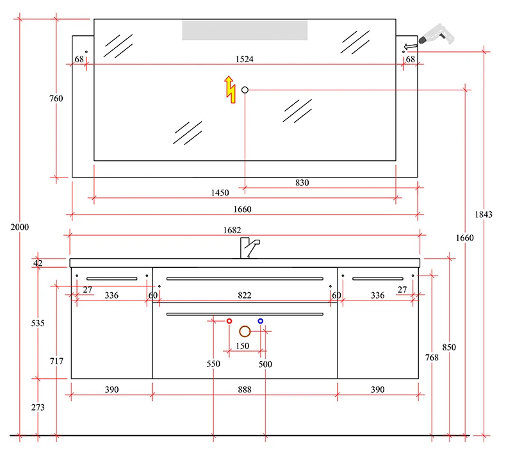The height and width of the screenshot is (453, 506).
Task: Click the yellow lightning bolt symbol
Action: [230, 90]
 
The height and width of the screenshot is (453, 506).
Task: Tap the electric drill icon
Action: [436, 35]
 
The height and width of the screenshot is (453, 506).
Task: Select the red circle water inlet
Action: [229, 321]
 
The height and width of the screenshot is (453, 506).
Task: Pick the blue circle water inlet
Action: [261, 321]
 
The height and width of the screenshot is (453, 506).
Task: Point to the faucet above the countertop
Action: [249, 248]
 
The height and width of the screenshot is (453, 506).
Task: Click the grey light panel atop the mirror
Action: [245, 30]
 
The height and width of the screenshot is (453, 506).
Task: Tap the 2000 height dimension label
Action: [20, 227]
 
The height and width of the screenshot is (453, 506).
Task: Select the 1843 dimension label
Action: [484, 215]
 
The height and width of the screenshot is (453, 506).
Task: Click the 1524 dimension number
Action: [244, 59]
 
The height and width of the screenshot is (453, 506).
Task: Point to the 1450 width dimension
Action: [220, 193]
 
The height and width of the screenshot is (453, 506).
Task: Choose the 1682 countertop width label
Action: [232, 230]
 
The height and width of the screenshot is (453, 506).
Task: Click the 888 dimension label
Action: [245, 390]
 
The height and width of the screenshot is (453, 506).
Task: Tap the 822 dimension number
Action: [244, 295]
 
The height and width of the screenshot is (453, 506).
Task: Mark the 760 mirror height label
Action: [56, 98]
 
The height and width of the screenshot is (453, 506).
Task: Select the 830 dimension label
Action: [302, 183]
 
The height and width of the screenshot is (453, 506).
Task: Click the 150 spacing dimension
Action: [242, 346]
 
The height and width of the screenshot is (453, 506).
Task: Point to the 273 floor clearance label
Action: [38, 407]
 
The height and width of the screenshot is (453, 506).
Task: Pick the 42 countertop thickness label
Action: [38, 263]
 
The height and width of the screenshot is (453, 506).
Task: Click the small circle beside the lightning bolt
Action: [245, 90]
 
